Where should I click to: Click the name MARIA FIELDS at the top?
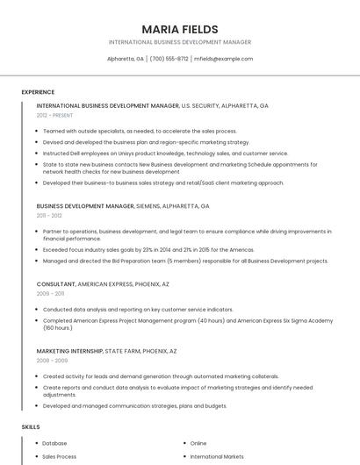pyautogui.click(x=180, y=29)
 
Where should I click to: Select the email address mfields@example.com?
pyautogui.click(x=223, y=59)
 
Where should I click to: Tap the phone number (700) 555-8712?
pyautogui.click(x=169, y=59)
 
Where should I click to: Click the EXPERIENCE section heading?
pyautogui.click(x=38, y=92)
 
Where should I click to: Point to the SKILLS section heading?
pyautogui.click(x=31, y=426)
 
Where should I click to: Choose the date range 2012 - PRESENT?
pyautogui.click(x=54, y=115)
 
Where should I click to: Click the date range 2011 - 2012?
pyautogui.click(x=49, y=215)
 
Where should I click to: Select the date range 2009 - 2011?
pyautogui.click(x=49, y=294)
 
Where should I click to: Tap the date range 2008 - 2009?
pyautogui.click(x=52, y=360)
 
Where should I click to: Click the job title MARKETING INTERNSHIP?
pyautogui.click(x=69, y=351)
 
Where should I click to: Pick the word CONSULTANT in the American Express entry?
pyautogui.click(x=56, y=284)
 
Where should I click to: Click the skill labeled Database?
pyautogui.click(x=54, y=443)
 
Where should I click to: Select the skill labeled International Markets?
pyautogui.click(x=218, y=456)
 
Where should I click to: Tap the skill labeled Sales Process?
pyautogui.click(x=60, y=456)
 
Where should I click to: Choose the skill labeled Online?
pyautogui.click(x=198, y=443)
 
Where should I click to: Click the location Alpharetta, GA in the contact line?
pyautogui.click(x=126, y=59)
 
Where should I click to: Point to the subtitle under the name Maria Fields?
pyautogui.click(x=180, y=42)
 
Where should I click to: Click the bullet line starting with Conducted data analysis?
pyautogui.click(x=138, y=310)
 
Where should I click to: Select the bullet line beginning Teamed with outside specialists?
pyautogui.click(x=140, y=131)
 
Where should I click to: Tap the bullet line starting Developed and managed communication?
pyautogui.click(x=134, y=406)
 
